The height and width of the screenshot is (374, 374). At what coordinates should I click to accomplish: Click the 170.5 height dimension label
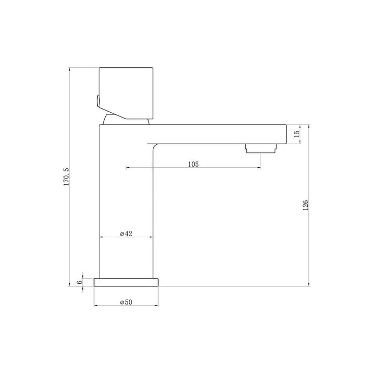coord(67,176)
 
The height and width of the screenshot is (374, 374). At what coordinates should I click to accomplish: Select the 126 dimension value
coord(305,205)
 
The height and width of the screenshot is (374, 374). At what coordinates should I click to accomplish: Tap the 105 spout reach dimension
coord(193,164)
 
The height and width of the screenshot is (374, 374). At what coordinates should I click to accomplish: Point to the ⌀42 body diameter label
coord(126,233)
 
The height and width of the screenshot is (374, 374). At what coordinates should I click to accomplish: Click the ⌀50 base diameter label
coord(126,302)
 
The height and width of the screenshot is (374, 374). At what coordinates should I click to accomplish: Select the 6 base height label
coord(80,282)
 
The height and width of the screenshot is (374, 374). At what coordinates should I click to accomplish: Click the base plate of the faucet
coord(127,282)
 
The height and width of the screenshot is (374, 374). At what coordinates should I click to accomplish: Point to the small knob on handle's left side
coord(97,99)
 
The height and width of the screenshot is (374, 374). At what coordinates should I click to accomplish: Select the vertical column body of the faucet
coord(126,203)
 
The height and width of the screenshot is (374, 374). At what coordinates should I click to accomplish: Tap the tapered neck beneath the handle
coord(124,120)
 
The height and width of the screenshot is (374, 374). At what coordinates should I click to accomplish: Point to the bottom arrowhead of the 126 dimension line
coord(310,283)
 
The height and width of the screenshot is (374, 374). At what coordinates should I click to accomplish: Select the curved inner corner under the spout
coord(155,146)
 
